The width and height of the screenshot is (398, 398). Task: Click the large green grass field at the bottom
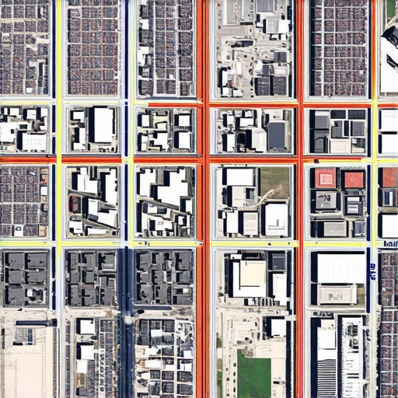(253, 375)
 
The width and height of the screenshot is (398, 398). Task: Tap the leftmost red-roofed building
(326, 178)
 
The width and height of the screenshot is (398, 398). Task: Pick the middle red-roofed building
(354, 180)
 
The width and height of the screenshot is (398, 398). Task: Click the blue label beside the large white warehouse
(372, 271)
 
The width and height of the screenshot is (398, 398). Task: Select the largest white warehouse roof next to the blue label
(340, 267)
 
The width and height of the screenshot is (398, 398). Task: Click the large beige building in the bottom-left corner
(27, 361)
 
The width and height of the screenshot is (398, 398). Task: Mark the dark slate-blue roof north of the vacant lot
(277, 135)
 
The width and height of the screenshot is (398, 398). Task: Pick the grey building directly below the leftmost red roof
(326, 201)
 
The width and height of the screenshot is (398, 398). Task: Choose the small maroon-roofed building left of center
(75, 204)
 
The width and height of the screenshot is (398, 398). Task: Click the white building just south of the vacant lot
(275, 219)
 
